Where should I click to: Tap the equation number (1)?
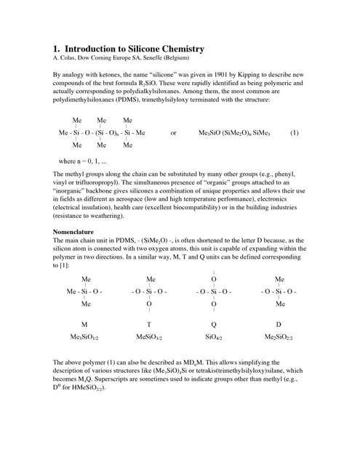pyautogui.click(x=294, y=133)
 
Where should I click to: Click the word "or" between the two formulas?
pyautogui.click(x=173, y=133)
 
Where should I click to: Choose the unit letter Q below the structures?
pyautogui.click(x=214, y=324)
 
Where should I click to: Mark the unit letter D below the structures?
pyautogui.click(x=279, y=324)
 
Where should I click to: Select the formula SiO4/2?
pyautogui.click(x=214, y=337)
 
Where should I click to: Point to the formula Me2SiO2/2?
pyautogui.click(x=279, y=337)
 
